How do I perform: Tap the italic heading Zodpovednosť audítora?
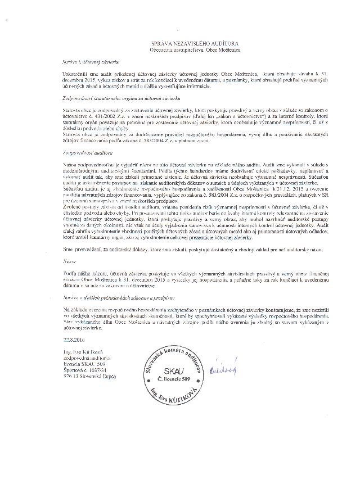(x=85, y=152)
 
